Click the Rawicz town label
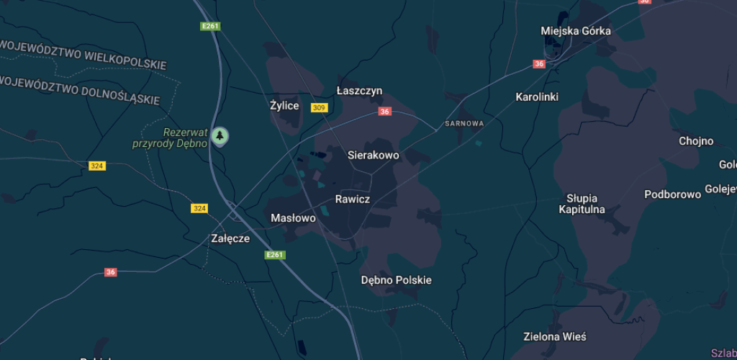[353, 199]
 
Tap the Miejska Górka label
[576, 31]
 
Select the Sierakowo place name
[373, 155]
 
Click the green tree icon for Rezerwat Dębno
[220, 135]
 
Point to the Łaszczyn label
[359, 91]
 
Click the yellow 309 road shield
[319, 108]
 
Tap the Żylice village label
[284, 106]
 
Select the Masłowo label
[293, 217]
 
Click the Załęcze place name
[230, 238]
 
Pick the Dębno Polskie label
[396, 280]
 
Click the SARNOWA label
[464, 124]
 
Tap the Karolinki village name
[537, 96]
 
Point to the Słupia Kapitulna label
[582, 204]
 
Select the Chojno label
[696, 141]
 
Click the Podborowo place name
[672, 194]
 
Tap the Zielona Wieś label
[554, 336]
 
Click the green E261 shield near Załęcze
[275, 255]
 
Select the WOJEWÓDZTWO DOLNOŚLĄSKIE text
[81, 90]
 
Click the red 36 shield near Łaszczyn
[385, 112]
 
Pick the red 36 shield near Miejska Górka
[540, 64]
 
